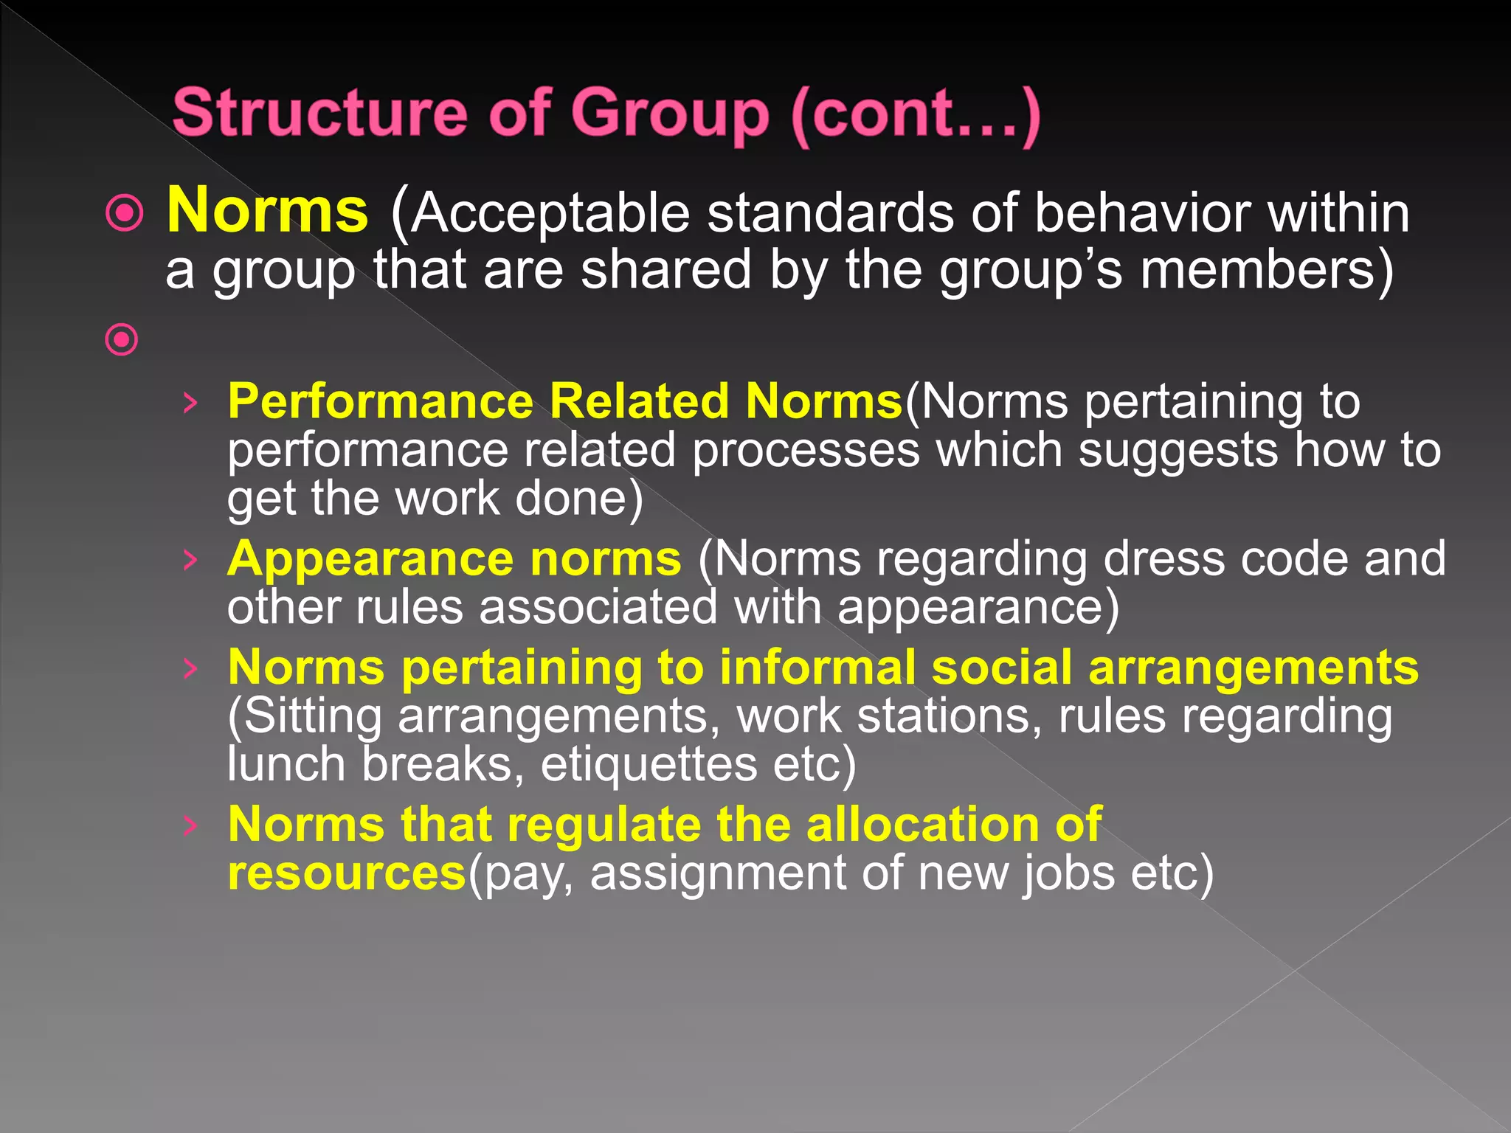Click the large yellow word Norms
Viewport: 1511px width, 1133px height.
(267, 211)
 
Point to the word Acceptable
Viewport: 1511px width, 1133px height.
(550, 214)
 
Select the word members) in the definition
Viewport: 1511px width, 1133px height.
(1266, 270)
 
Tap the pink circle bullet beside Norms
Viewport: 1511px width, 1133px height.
(124, 214)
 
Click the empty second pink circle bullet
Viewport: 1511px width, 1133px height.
(122, 340)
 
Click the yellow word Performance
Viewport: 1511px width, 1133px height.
(380, 402)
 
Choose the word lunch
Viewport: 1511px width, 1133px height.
(286, 764)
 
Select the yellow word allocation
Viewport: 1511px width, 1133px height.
(922, 825)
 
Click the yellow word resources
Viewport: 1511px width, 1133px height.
(347, 873)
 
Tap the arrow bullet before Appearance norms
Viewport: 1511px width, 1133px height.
(190, 560)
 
